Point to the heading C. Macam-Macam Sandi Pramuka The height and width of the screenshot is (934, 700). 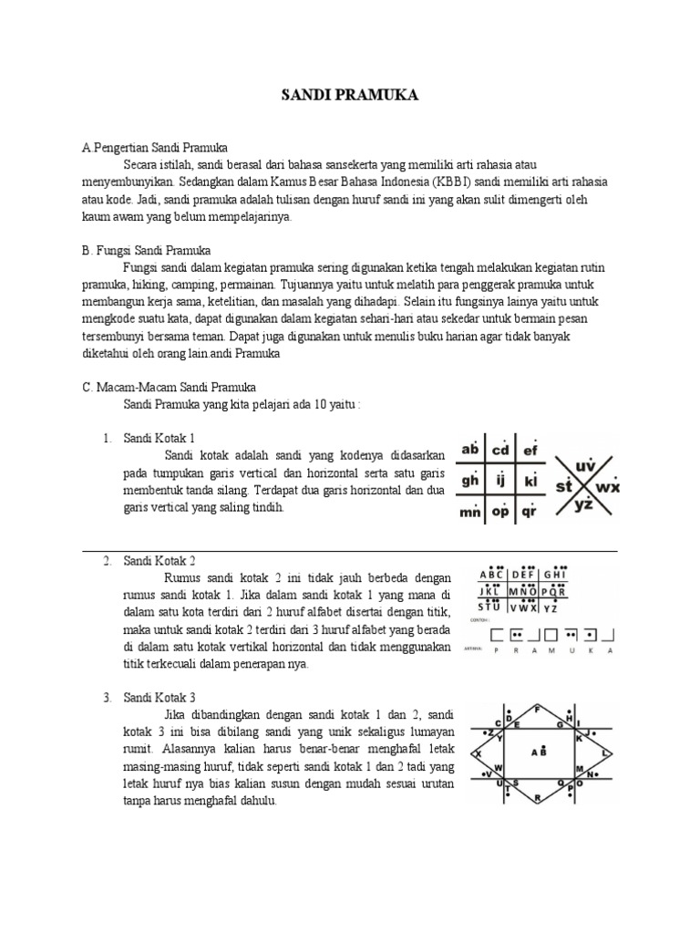(169, 387)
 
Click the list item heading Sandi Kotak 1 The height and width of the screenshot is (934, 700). (160, 438)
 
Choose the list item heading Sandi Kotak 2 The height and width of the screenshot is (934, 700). (160, 559)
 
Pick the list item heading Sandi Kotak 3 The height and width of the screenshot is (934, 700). (160, 698)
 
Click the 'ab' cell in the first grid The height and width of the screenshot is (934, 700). (470, 449)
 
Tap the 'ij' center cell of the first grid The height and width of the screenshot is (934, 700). (500, 480)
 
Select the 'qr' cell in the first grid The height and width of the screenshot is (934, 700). (530, 512)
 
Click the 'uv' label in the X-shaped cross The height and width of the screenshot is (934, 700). (585, 465)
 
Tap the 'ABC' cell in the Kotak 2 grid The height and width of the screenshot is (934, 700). (490, 575)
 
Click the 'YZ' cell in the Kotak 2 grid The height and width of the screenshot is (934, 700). (552, 607)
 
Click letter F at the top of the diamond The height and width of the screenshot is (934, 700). (538, 709)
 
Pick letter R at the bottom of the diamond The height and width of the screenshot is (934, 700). (538, 797)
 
